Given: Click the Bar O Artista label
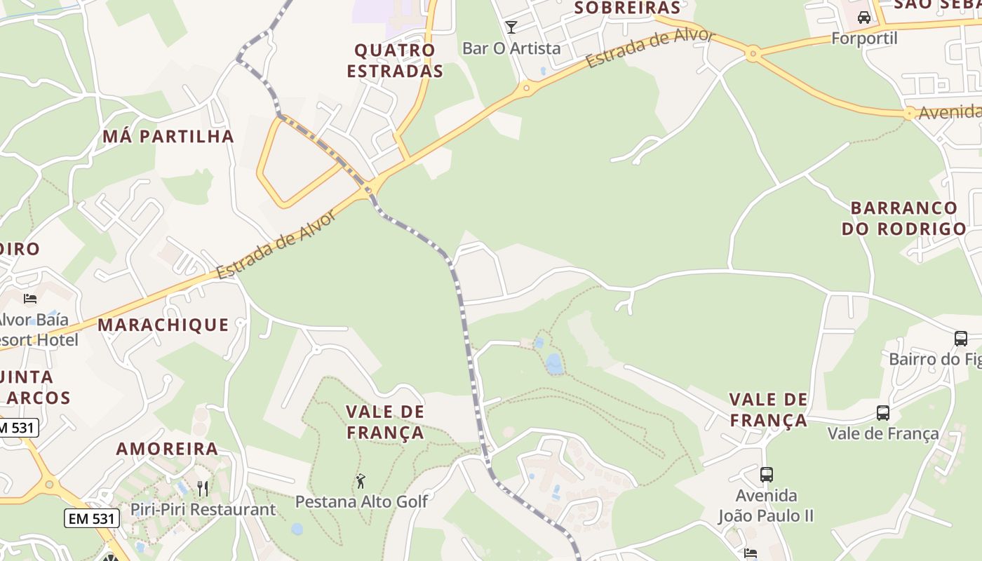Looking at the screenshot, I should pyautogui.click(x=511, y=48).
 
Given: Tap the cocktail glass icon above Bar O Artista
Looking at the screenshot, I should pyautogui.click(x=511, y=27).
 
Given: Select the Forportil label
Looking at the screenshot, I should pyautogui.click(x=864, y=38).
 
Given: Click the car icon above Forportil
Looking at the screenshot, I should pyautogui.click(x=864, y=18).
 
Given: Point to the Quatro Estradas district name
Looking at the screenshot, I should pyautogui.click(x=395, y=60).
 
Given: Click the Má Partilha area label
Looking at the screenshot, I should pyautogui.click(x=168, y=136).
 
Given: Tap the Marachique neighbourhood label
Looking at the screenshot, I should pyautogui.click(x=163, y=325).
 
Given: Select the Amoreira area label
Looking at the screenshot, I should pyautogui.click(x=167, y=449).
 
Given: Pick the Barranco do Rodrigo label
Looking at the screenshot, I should pyautogui.click(x=903, y=218).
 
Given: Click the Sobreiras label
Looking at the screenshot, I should pyautogui.click(x=627, y=8).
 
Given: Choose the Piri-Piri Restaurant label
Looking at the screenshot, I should pyautogui.click(x=203, y=509).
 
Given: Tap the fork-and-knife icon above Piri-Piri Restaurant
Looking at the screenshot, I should pyautogui.click(x=203, y=488).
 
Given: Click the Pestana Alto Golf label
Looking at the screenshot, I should pyautogui.click(x=361, y=501).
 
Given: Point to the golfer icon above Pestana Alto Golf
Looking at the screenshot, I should pyautogui.click(x=361, y=481).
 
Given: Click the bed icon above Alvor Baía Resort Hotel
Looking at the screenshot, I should pyautogui.click(x=30, y=299).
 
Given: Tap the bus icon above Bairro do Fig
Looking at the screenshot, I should pyautogui.click(x=961, y=339).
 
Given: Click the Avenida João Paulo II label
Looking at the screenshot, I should pyautogui.click(x=766, y=506).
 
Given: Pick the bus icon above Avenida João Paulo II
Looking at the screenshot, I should pyautogui.click(x=767, y=475).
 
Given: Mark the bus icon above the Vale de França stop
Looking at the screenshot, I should pyautogui.click(x=883, y=413).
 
